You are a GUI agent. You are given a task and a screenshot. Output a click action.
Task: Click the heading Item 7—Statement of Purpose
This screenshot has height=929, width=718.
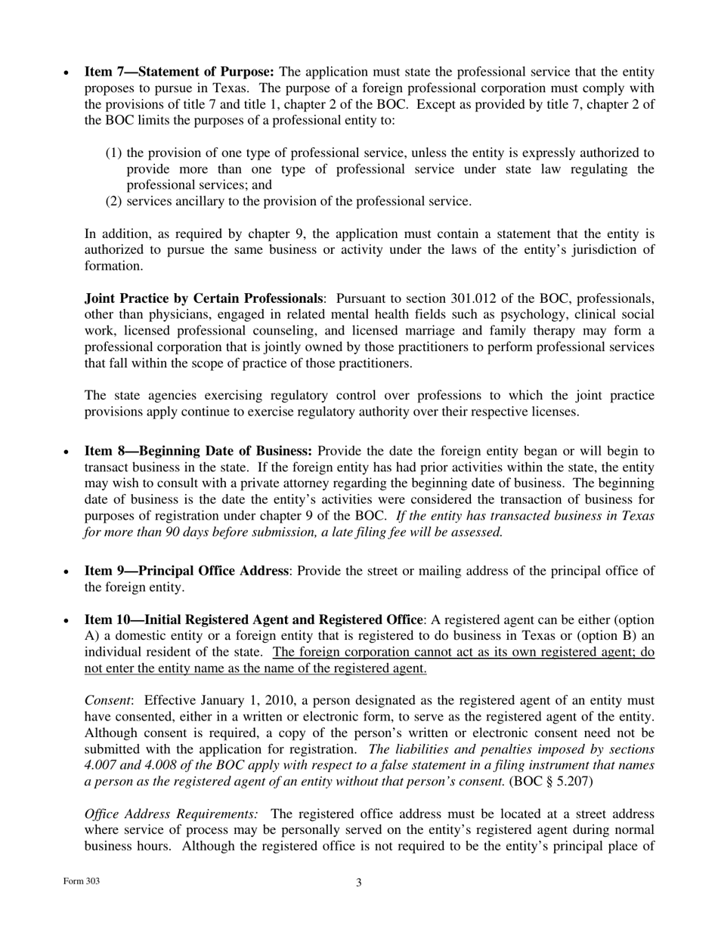click(179, 72)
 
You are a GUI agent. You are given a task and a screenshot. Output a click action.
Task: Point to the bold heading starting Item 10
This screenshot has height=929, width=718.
click(254, 619)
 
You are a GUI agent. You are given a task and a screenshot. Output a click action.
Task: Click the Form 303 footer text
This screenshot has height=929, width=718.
click(82, 881)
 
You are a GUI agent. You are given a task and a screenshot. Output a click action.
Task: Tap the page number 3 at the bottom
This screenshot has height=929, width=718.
click(359, 883)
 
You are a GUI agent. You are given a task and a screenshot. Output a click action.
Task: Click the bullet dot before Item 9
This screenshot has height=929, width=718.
click(67, 572)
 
